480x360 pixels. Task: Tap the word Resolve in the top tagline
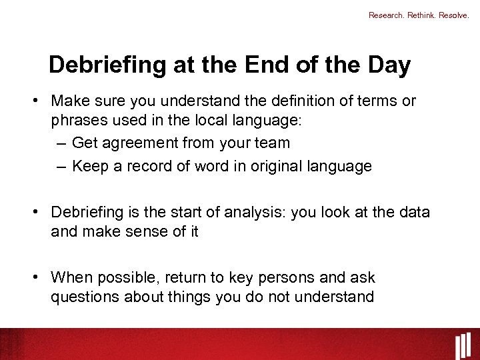[454, 15]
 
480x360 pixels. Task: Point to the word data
[413, 212]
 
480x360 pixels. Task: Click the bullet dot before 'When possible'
[40, 277]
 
